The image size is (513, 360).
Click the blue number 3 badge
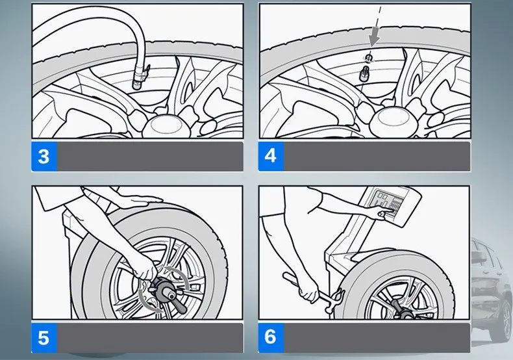[44, 156]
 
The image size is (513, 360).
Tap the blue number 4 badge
[271, 156]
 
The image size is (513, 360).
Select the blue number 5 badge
[44, 338]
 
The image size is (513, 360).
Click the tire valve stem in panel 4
[365, 74]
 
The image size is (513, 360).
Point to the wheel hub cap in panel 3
[162, 125]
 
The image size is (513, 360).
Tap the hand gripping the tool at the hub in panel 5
[144, 268]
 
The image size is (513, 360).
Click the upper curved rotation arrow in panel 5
[179, 276]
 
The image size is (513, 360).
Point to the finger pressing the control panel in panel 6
[381, 214]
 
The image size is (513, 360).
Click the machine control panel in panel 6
[390, 205]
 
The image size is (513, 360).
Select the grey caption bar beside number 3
[150, 156]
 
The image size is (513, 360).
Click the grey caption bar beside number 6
[377, 338]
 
